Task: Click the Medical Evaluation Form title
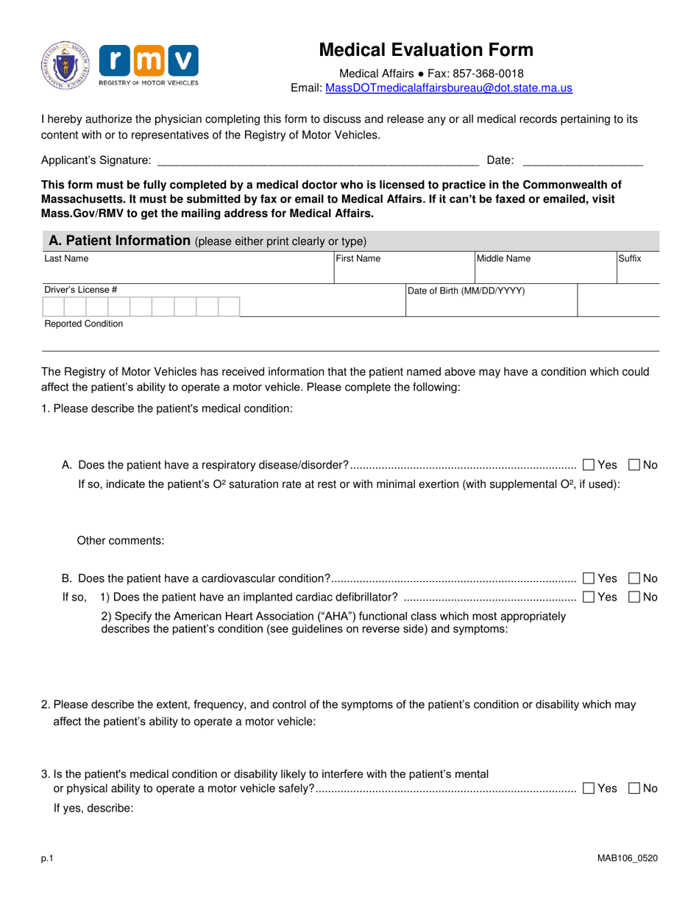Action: coord(426,50)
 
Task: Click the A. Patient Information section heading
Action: coord(119,240)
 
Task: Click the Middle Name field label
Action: coord(503,258)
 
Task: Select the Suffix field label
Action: coord(629,258)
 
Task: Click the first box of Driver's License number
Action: coord(54,307)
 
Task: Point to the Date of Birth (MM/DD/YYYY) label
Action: coord(466,291)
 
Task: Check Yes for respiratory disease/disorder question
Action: coord(588,464)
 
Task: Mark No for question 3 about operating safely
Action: coord(634,788)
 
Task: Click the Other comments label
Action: coord(121,541)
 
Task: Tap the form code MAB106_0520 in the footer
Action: coord(628,858)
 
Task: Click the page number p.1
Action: coord(47,858)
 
